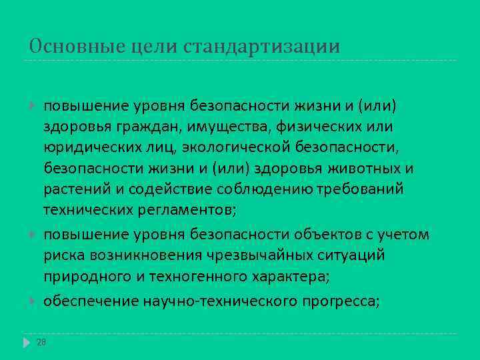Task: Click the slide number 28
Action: tap(41, 341)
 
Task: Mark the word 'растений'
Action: tap(75, 189)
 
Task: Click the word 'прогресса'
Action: tap(339, 301)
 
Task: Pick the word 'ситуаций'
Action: tap(347, 255)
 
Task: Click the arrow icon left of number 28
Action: tap(27, 342)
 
